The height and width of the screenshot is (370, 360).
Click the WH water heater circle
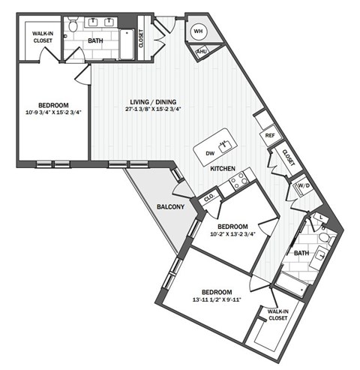click(x=199, y=31)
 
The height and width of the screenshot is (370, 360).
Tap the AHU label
click(x=201, y=52)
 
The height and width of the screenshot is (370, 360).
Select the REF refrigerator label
click(x=269, y=136)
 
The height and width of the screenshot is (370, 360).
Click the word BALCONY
click(x=171, y=207)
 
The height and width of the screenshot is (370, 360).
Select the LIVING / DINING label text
click(x=153, y=103)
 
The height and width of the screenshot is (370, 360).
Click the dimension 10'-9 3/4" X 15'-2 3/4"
click(x=52, y=113)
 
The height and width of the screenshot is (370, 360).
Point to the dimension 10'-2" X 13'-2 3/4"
click(x=232, y=233)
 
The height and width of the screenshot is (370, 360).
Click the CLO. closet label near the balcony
click(x=209, y=199)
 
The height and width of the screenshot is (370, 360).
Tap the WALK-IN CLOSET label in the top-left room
click(x=42, y=38)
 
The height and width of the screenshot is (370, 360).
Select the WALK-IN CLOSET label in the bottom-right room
click(x=277, y=314)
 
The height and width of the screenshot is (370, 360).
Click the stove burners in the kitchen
click(x=240, y=179)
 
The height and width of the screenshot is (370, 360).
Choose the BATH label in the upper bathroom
click(x=95, y=41)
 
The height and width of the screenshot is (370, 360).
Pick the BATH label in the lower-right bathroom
click(x=301, y=254)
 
